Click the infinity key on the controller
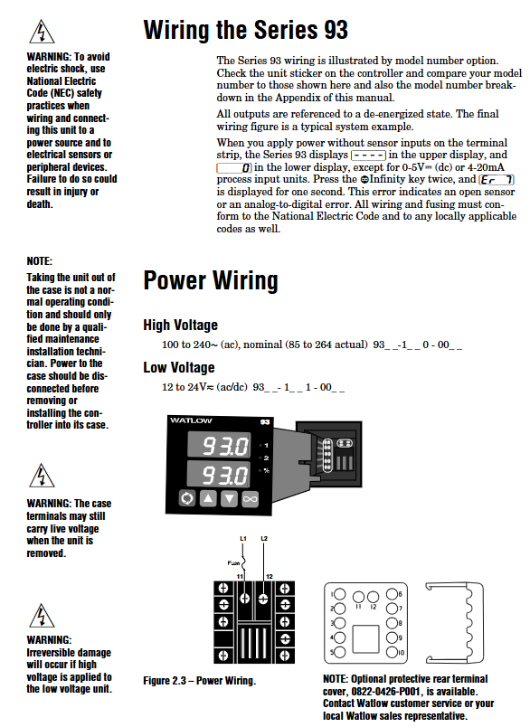coord(250,499)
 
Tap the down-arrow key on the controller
coord(229,499)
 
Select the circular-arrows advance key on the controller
coord(187,498)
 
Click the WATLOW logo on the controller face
coord(191,420)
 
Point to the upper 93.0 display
coord(219,445)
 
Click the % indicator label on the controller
coord(266,470)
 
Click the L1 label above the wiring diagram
coord(243,539)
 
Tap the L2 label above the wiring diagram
coord(264,539)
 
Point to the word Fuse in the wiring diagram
coord(233,562)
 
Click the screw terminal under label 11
coord(245,598)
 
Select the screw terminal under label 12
coord(263,599)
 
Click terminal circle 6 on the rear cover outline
coord(392,594)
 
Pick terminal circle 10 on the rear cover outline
coord(392,652)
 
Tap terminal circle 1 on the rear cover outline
coord(340,594)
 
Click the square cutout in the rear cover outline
coord(366,639)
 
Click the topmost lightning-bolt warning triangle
coord(42,33)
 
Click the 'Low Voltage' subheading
coord(179,368)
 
